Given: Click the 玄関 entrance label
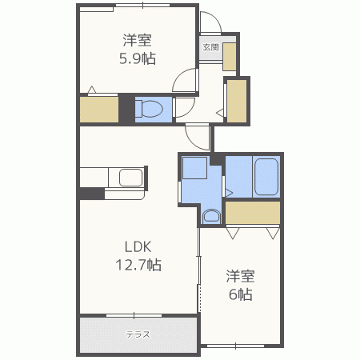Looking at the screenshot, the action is click(210, 47).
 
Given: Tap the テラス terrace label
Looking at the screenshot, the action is click(138, 334).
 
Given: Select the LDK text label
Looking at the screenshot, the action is click(138, 247).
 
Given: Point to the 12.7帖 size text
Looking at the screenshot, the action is click(138, 265).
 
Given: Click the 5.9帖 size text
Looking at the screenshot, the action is click(138, 58).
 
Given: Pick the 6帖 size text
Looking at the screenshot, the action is click(241, 294).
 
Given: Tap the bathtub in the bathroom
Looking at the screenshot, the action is click(266, 177).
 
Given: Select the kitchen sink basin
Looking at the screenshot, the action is click(130, 178).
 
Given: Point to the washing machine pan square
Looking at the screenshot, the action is click(194, 168).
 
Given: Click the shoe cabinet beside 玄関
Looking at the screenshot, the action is click(230, 57).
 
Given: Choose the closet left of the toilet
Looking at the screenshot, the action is click(99, 110).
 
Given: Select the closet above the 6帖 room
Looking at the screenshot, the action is click(253, 213).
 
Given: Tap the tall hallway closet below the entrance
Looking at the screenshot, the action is click(237, 102).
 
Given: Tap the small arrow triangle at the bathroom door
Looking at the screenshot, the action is click(229, 193).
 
